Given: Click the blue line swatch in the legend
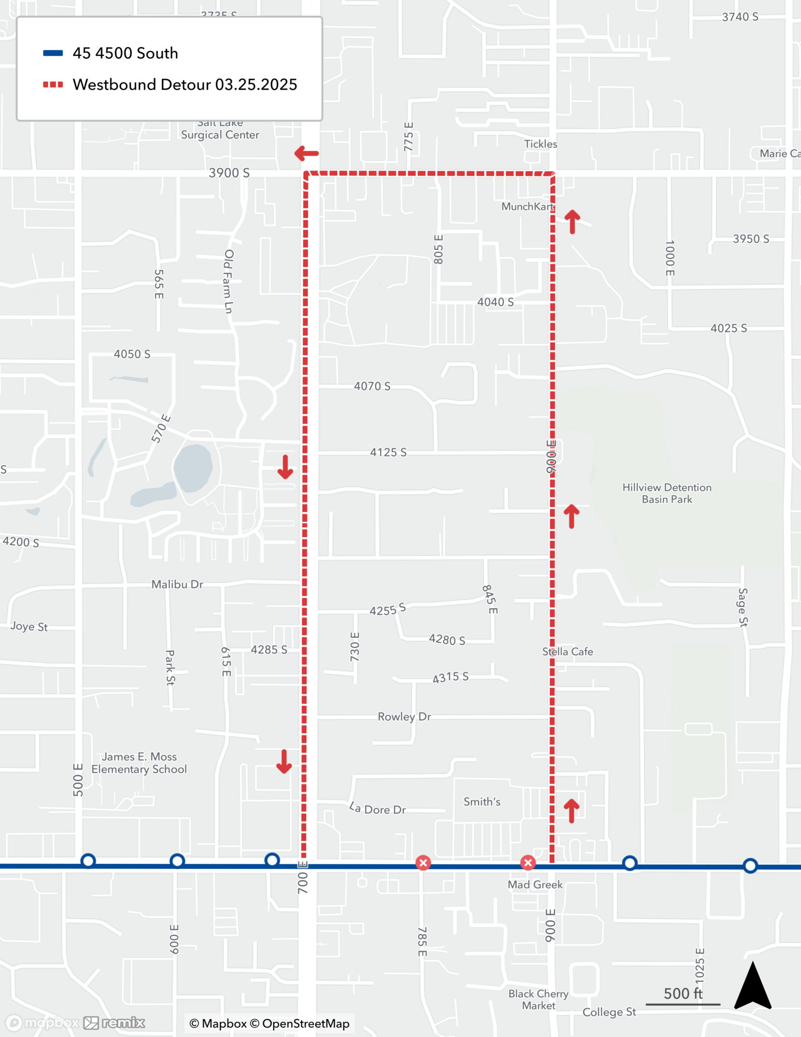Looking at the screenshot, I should tap(53, 53).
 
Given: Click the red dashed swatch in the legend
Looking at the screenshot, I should tap(53, 85).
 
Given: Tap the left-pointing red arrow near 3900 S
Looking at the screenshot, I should tap(306, 153).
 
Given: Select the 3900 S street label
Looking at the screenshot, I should tap(229, 173).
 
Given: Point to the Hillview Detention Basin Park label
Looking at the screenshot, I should tap(667, 493).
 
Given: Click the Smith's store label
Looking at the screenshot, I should tap(482, 802).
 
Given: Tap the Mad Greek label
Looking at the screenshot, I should tap(535, 885).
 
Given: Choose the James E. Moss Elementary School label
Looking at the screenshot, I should tap(139, 763).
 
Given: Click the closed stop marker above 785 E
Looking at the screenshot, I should tap(423, 863).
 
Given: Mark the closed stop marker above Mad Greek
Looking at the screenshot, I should tap(528, 863).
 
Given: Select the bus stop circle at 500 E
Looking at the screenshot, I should tap(88, 861).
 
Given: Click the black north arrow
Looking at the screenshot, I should tap(753, 987).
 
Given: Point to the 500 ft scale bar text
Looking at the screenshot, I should tap(683, 993).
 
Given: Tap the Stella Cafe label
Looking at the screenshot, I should tap(567, 652).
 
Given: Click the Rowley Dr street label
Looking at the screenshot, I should tap(404, 717).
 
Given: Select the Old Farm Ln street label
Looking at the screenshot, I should tap(229, 281).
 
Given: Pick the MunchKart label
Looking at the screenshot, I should tap(527, 206).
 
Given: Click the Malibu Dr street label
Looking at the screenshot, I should tap(177, 584).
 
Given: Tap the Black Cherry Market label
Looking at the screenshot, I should tap(538, 1000).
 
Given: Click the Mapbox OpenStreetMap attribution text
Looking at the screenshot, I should tap(270, 1024).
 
